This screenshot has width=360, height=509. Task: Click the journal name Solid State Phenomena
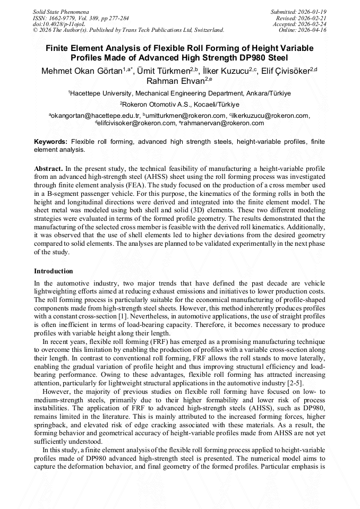(x=61, y=11)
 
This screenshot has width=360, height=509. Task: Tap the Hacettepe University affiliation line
(x=179, y=93)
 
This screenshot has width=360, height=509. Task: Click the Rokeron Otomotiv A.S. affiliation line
(x=179, y=105)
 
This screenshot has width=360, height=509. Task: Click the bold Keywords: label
(x=51, y=142)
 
